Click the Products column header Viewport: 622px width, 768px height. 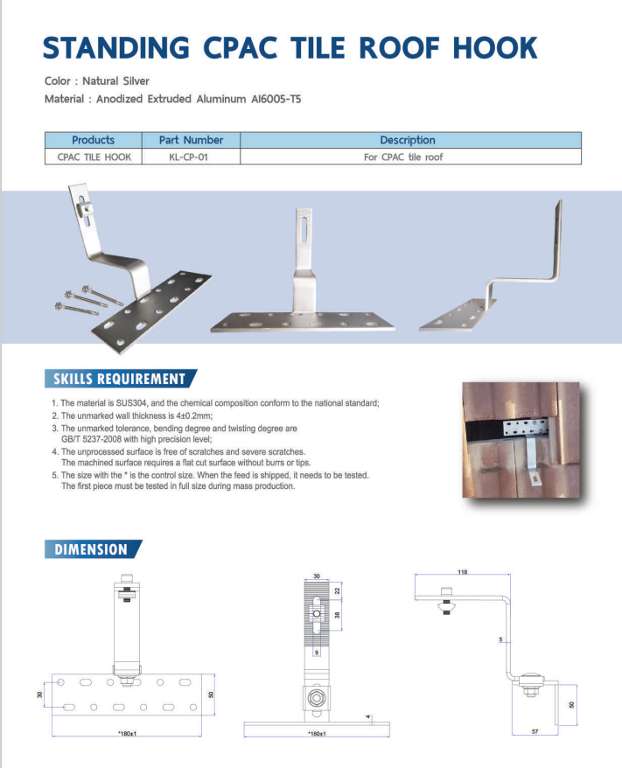[x=93, y=140]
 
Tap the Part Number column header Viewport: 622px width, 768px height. [x=191, y=140]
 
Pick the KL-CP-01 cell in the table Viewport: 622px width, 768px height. [x=191, y=157]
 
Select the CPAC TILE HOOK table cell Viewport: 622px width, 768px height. [x=93, y=157]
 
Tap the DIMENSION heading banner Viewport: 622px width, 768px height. [x=91, y=549]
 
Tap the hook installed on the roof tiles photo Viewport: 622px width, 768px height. [x=521, y=439]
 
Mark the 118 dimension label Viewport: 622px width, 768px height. [x=462, y=572]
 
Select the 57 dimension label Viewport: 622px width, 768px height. [x=535, y=731]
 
